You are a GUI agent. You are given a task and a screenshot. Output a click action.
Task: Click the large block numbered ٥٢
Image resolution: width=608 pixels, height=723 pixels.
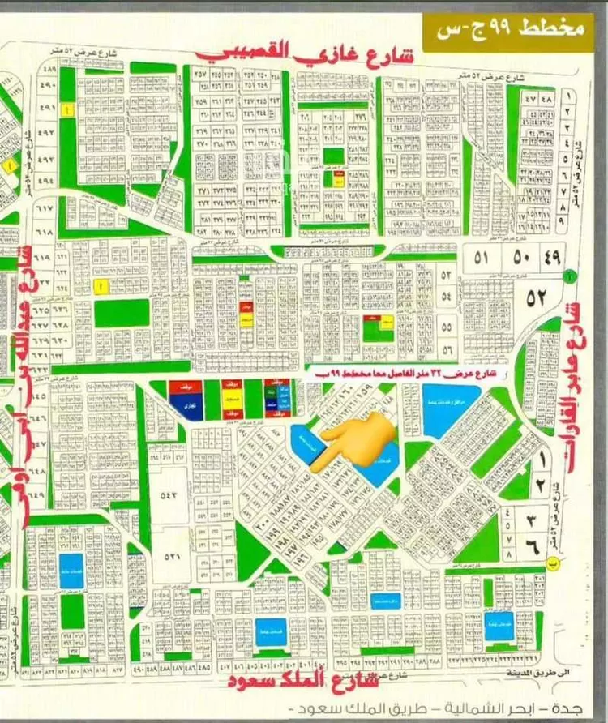(537, 297)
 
